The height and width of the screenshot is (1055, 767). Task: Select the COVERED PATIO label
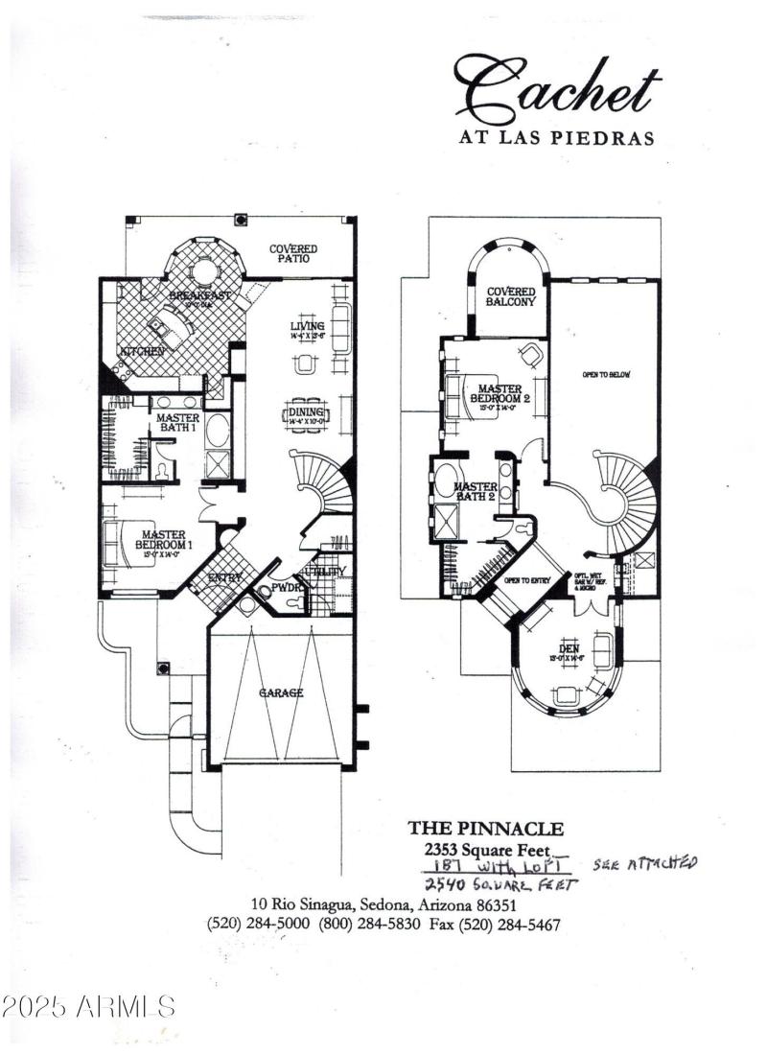click(x=292, y=253)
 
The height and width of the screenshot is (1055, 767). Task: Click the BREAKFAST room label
click(x=200, y=295)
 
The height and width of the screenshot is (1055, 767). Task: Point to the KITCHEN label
click(x=141, y=352)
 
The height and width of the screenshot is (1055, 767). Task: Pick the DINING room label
click(x=308, y=412)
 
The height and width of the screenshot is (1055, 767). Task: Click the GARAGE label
click(x=281, y=692)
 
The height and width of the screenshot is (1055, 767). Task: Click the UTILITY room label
click(x=328, y=572)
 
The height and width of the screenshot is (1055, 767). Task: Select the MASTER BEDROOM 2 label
click(x=499, y=393)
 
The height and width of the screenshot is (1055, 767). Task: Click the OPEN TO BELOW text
click(x=605, y=374)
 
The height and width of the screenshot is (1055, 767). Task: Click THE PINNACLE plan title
click(x=486, y=828)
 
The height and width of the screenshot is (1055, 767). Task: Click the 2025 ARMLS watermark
click(x=88, y=1006)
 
